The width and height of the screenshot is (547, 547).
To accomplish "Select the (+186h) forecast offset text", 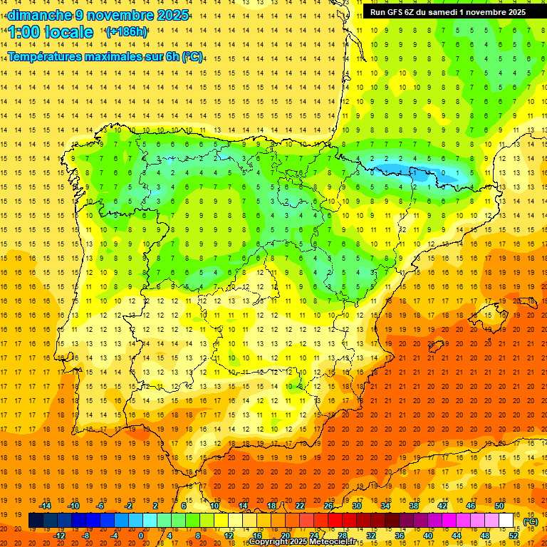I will (126, 32).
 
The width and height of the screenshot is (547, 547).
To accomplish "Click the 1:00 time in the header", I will (26, 32).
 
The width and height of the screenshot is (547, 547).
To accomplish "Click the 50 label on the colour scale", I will (499, 506).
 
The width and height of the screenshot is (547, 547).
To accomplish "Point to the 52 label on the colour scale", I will (514, 536).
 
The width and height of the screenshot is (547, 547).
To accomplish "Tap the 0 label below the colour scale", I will (141, 536).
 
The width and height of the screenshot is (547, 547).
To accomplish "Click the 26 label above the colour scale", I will (328, 506).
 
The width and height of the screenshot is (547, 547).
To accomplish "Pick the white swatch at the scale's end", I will (506, 521).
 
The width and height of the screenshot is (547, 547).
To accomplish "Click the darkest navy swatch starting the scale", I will (36, 521).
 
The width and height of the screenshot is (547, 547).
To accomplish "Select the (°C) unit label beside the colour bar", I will (531, 521).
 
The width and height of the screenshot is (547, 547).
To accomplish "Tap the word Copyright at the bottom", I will (269, 542).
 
